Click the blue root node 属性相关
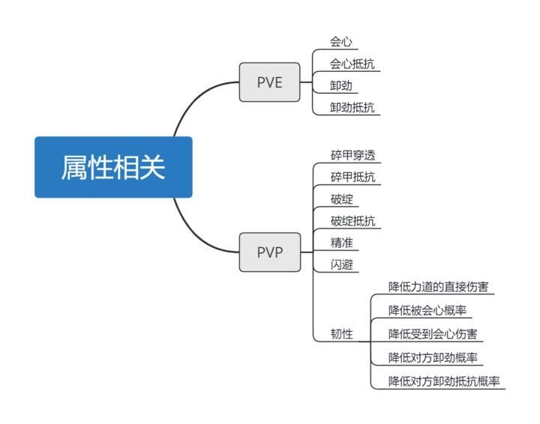(x=113, y=167)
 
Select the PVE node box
(x=269, y=82)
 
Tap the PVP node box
(x=269, y=252)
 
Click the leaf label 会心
(x=341, y=42)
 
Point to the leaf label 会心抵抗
(x=352, y=64)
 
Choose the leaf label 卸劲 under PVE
(x=341, y=85)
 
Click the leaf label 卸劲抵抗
(x=352, y=107)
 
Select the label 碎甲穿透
(x=352, y=156)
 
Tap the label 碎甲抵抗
(x=352, y=178)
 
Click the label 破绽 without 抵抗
(x=341, y=199)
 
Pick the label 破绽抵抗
(x=352, y=221)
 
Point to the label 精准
(x=341, y=243)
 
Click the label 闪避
(x=341, y=264)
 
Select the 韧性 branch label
(x=341, y=334)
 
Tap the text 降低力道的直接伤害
(x=441, y=286)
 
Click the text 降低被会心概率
(x=430, y=309)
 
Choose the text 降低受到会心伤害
(x=436, y=333)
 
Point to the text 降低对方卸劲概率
(x=436, y=357)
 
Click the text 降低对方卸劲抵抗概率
(x=445, y=381)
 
